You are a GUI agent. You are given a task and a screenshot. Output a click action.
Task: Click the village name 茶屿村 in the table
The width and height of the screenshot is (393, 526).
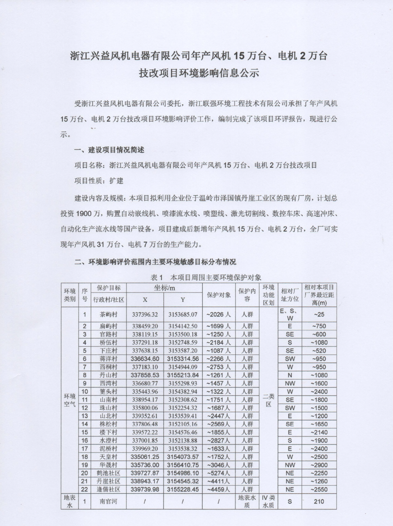click(108, 315)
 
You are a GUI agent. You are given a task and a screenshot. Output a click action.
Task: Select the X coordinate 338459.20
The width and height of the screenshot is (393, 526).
click(145, 326)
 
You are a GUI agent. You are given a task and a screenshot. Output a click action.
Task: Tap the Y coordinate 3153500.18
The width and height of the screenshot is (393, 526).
click(183, 334)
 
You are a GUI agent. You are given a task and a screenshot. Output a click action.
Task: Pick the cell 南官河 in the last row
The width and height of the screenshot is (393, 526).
click(108, 500)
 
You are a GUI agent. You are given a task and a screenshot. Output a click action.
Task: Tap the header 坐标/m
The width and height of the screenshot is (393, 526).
click(164, 288)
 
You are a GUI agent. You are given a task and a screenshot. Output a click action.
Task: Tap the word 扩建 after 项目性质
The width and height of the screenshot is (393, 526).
click(116, 181)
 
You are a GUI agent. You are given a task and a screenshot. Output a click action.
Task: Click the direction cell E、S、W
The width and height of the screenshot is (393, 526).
click(290, 315)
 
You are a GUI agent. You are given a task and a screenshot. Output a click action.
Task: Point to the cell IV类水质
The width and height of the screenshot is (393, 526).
click(268, 500)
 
